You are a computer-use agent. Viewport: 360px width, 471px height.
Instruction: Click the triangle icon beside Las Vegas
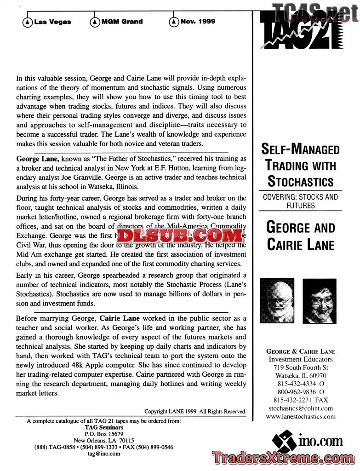click(28, 22)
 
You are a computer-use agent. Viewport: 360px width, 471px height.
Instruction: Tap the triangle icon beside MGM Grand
click(95, 22)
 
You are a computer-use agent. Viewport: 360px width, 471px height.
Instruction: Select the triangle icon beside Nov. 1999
click(174, 22)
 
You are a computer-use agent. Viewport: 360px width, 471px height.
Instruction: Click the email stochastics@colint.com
click(300, 408)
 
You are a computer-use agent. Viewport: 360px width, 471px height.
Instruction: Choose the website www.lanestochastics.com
click(300, 416)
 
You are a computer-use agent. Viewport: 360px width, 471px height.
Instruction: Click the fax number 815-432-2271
click(300, 400)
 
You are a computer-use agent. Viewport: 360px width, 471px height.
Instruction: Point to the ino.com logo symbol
click(284, 441)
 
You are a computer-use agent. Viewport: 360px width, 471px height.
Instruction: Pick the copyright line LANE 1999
click(195, 411)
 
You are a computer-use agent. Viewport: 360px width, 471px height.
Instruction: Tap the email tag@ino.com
click(104, 453)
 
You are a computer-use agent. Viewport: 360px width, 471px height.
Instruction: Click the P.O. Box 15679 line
click(104, 434)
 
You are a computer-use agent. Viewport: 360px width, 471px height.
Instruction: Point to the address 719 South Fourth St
click(300, 368)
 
